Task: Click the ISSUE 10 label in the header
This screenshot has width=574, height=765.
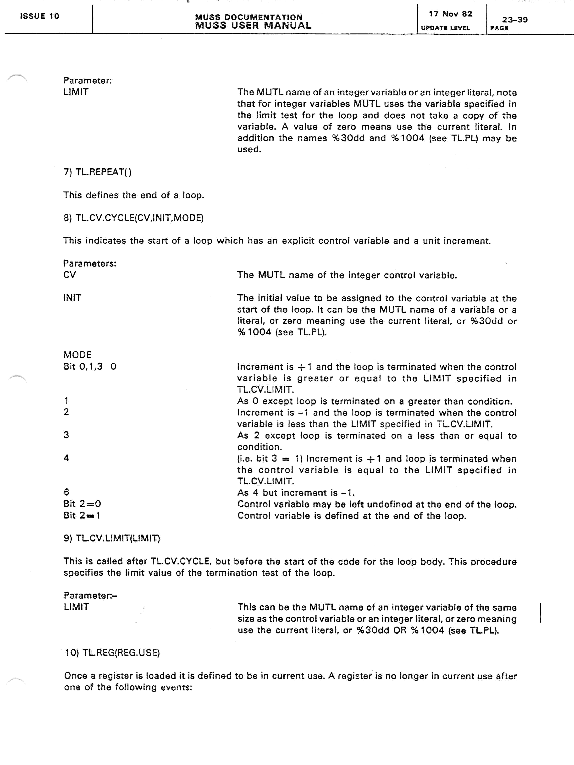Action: pos(39,16)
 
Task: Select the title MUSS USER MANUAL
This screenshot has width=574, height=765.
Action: pos(253,26)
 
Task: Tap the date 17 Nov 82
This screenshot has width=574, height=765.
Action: pos(450,14)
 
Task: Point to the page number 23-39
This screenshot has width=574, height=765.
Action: pos(515,20)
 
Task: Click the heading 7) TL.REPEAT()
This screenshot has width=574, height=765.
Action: pos(98,172)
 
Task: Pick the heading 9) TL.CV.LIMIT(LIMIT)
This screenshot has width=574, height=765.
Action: pos(112,538)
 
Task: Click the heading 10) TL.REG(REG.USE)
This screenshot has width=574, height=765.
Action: pos(112,653)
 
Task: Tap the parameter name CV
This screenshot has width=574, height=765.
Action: pos(70,275)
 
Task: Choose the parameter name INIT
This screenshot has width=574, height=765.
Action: pos(72,298)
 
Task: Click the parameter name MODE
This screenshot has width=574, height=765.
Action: pos(77,355)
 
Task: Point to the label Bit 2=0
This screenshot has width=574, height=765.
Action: pos(82,504)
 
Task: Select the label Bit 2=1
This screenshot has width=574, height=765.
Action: pos(82,515)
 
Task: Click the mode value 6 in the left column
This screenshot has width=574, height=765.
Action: pos(66,492)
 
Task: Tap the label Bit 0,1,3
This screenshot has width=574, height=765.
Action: pos(83,366)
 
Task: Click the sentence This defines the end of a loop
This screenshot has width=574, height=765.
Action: pos(133,195)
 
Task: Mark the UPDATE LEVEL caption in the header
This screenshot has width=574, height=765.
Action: pos(445,28)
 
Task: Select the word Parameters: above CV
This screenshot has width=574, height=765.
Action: pos(90,263)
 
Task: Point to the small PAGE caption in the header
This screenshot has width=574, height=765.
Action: pos(499,28)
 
